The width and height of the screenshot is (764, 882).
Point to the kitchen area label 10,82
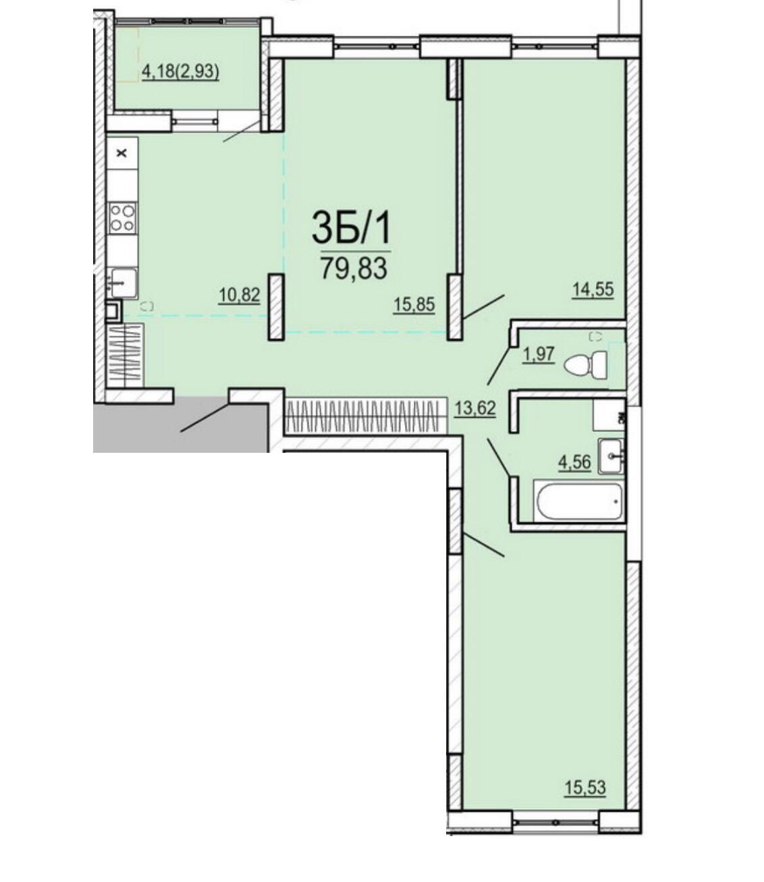(239, 294)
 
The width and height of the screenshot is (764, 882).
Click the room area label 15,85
(414, 304)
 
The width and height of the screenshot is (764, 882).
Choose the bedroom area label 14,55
(593, 290)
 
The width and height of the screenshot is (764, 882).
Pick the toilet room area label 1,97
(539, 354)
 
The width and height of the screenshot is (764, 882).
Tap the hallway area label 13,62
(475, 408)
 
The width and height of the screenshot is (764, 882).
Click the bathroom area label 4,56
(575, 462)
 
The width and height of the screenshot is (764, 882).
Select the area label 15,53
(585, 788)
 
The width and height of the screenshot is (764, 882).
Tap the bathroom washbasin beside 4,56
(611, 456)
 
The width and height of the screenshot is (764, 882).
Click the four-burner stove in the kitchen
(123, 217)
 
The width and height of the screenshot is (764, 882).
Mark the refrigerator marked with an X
(122, 153)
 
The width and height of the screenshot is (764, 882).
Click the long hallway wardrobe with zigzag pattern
(365, 416)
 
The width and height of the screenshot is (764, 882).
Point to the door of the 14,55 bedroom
(484, 306)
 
